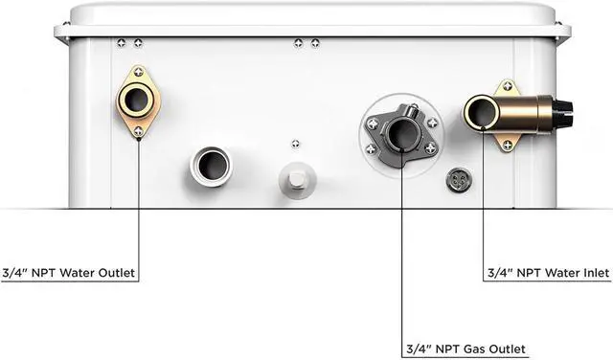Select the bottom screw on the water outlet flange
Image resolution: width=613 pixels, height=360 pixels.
pyautogui.click(x=139, y=130)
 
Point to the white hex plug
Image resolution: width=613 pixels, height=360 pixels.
pyautogui.click(x=295, y=178)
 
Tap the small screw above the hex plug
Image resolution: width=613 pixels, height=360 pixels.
pyautogui.click(x=295, y=144)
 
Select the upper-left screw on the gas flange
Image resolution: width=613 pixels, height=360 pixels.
pyautogui.click(x=372, y=123)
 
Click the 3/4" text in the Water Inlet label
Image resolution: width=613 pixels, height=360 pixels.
pyautogui.click(x=499, y=274)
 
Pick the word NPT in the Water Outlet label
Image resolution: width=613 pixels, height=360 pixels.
pyautogui.click(x=41, y=274)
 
